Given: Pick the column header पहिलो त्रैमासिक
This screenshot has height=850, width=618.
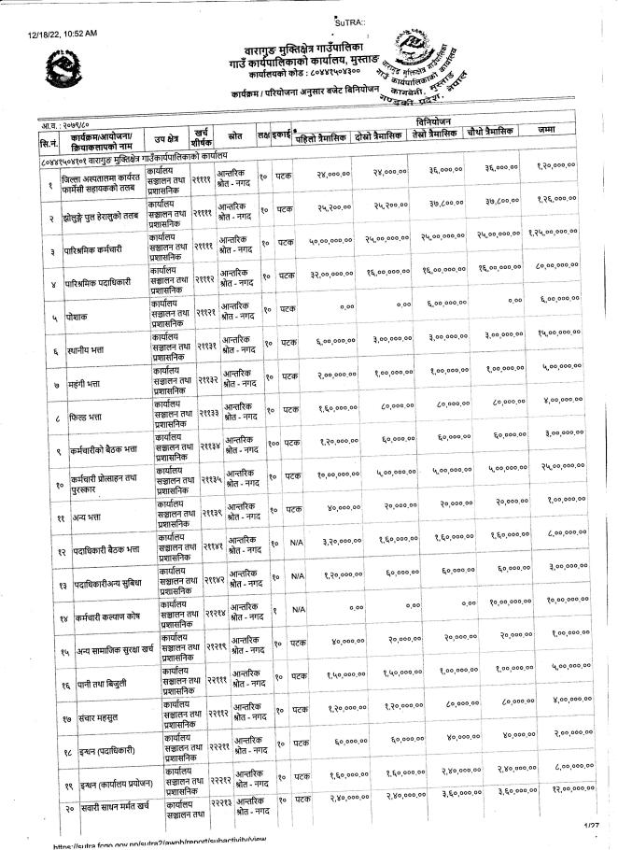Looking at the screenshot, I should [x=319, y=140].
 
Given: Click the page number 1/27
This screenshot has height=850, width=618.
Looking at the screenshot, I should [x=590, y=826].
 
